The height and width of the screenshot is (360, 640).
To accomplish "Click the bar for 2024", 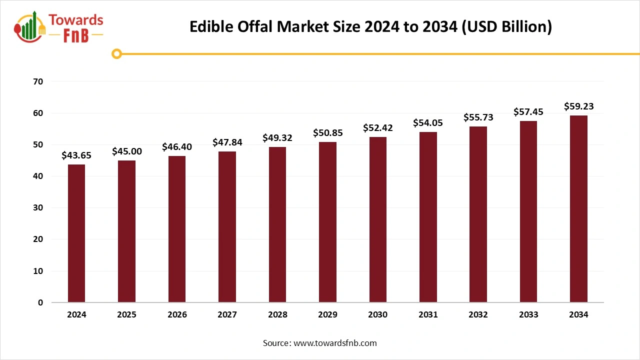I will point(76,233).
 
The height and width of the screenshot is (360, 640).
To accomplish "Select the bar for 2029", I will point(327,222).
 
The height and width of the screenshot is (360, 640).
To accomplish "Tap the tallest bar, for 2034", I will point(578,208).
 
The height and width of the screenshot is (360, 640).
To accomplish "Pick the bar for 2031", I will point(428,217).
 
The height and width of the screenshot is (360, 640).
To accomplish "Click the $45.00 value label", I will point(127,151).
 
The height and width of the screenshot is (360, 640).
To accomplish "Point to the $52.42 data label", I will point(378,127).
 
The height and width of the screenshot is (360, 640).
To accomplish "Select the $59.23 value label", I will point(578,106).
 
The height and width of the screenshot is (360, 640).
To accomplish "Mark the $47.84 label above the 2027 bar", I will point(227,142).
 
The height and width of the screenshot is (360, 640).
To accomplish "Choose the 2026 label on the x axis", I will point(177,315).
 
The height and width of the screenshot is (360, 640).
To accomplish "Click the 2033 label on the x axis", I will point(528,315).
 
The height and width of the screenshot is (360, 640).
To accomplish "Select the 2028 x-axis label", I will point(277,315).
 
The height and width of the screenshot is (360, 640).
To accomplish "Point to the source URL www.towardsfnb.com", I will point(335,343).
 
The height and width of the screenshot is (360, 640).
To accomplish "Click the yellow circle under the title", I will point(117,53).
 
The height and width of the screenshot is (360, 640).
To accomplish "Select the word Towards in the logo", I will point(76,20).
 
